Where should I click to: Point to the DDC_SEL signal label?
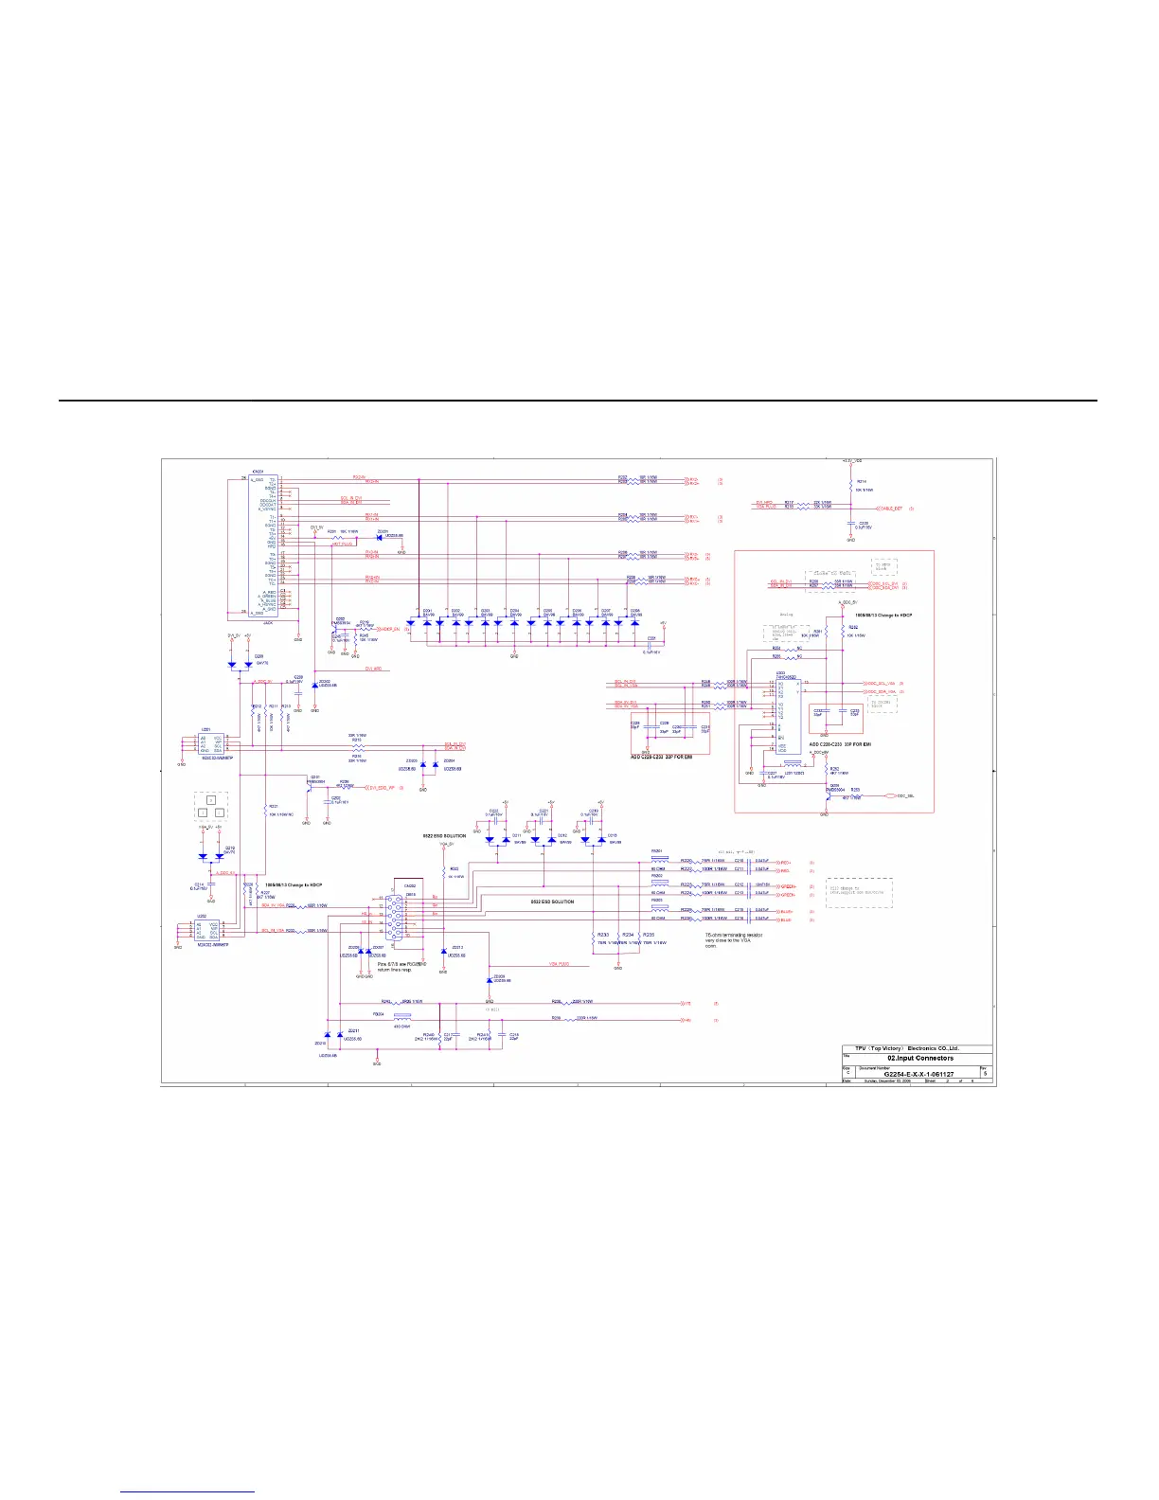tap(905, 795)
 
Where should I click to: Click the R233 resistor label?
tap(603, 935)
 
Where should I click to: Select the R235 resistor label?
tap(649, 935)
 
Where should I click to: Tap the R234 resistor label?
tap(627, 935)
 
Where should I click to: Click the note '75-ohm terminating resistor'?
tap(733, 935)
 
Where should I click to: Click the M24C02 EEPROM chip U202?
tap(207, 930)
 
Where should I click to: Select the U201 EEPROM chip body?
tap(211, 742)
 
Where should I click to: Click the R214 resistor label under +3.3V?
tap(861, 482)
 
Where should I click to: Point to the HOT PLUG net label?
tap(343, 545)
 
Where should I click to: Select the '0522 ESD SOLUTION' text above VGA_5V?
tap(444, 836)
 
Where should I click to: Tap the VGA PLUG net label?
tap(559, 964)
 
